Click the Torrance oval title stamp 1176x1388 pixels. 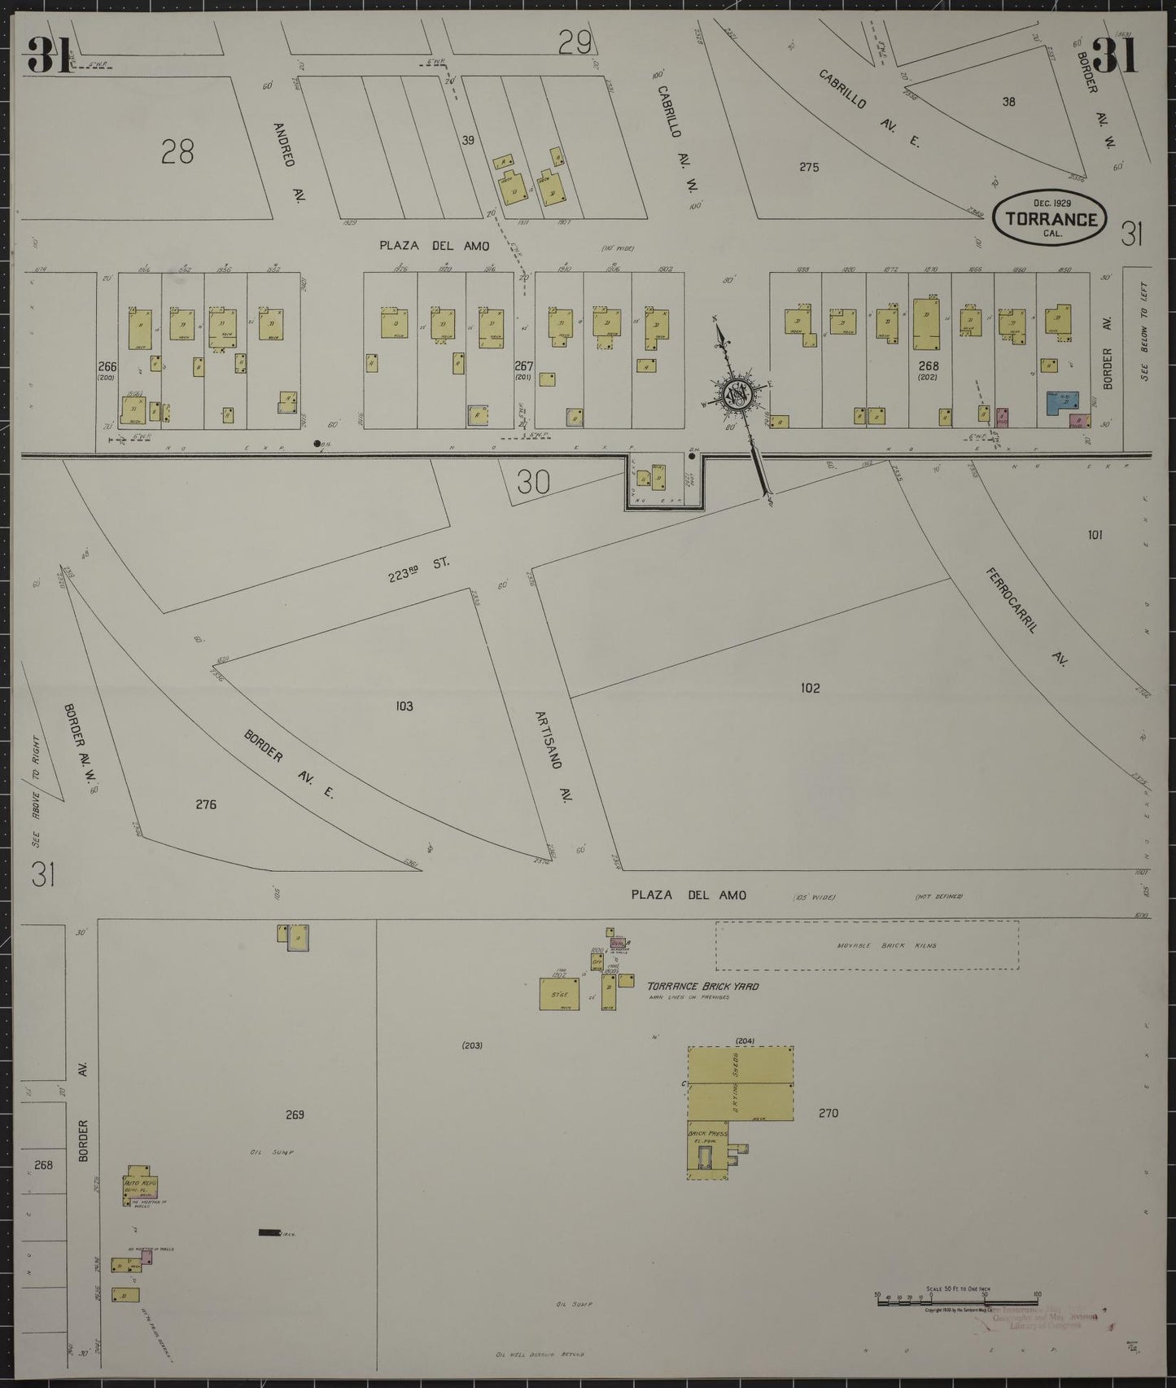coord(1048,217)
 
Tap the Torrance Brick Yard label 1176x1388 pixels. coord(702,986)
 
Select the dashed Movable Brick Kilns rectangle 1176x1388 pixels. coord(867,945)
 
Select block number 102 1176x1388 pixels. coord(810,688)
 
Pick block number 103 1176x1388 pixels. coord(404,706)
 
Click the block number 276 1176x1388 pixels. coord(206,804)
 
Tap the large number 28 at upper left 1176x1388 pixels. coord(177,151)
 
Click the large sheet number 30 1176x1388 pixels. coord(533,483)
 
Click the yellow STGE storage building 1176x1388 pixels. coord(559,994)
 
